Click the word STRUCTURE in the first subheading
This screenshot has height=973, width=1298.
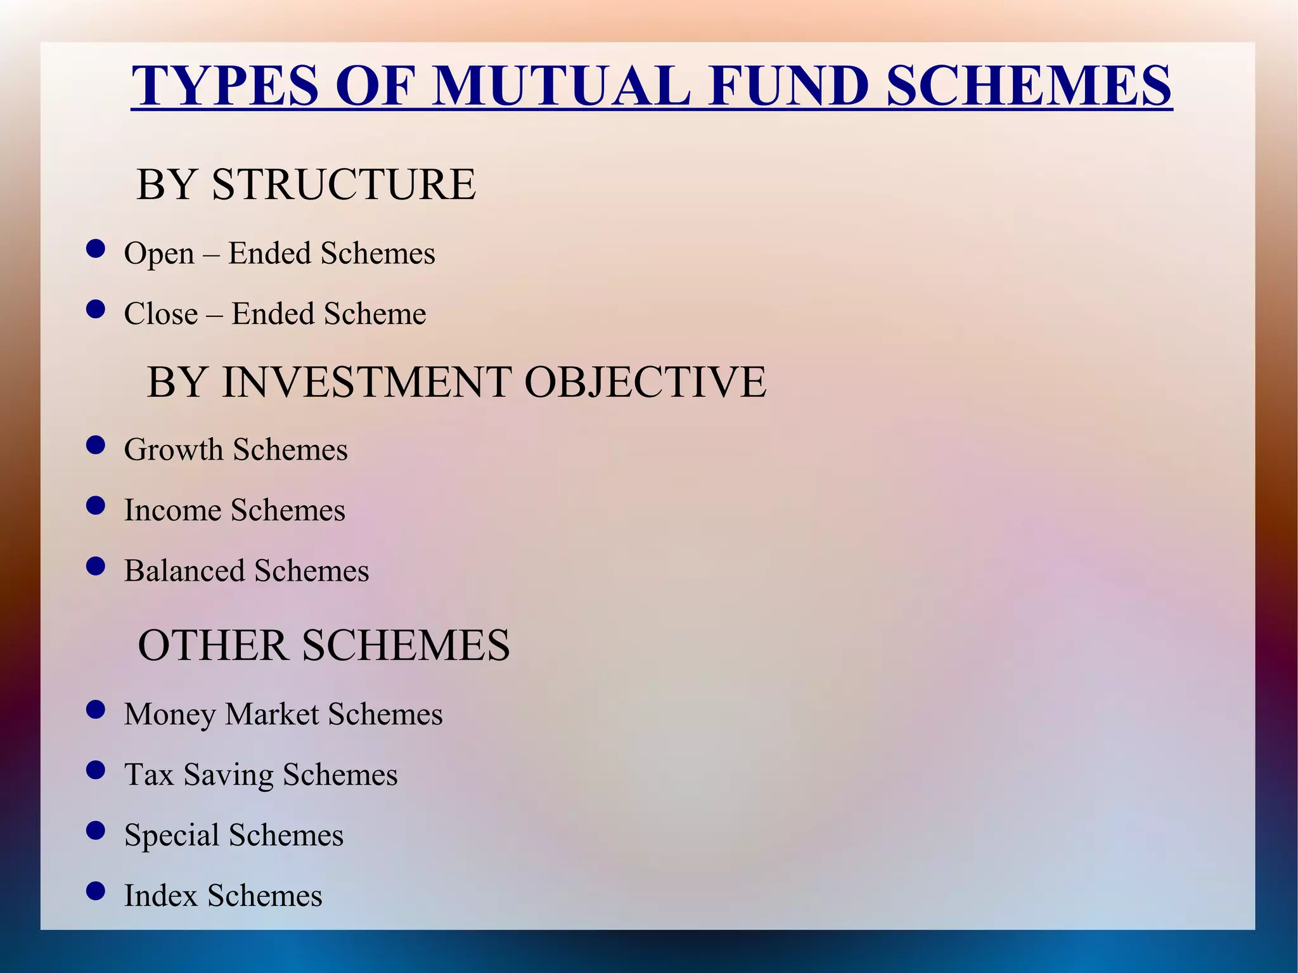click(344, 185)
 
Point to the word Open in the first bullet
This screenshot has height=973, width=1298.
click(159, 254)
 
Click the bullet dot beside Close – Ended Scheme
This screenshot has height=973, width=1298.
click(95, 309)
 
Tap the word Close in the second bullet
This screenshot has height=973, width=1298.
click(161, 314)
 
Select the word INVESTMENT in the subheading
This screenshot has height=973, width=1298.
click(368, 382)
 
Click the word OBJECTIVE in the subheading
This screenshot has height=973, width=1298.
click(645, 382)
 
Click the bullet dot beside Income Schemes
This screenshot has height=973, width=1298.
click(95, 506)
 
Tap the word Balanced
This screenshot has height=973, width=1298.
click(184, 570)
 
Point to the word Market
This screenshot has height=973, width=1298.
click(272, 714)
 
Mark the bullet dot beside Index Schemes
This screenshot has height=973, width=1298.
click(95, 891)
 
